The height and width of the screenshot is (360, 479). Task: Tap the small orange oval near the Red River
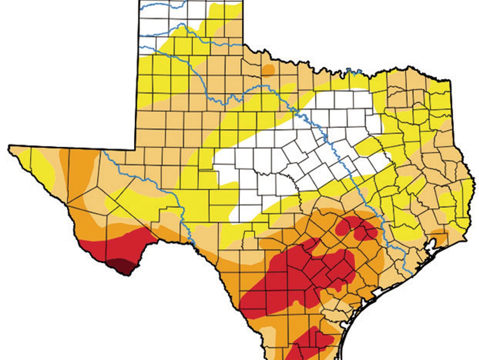tap(268, 70)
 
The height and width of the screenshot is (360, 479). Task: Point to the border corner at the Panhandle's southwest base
tap(135, 150)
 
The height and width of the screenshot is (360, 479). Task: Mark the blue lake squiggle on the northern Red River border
tap(354, 72)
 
